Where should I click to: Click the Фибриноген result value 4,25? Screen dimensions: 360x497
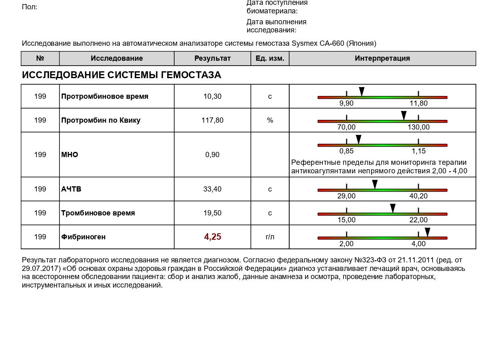(212, 237)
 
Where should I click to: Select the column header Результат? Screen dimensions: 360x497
(212, 58)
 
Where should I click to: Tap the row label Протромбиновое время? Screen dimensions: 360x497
(105, 96)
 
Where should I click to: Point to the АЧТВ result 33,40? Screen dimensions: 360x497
(212, 189)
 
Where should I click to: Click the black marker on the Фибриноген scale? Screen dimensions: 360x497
(427, 232)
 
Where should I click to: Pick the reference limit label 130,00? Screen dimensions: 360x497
(418, 127)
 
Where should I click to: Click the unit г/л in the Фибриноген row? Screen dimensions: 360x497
(270, 237)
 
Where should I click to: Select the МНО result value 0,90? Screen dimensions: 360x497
(212, 155)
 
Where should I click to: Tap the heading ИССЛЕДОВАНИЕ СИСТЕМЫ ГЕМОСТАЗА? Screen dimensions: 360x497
(122, 75)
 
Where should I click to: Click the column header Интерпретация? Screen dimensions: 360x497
(382, 58)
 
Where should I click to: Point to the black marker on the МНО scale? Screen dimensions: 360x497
(358, 139)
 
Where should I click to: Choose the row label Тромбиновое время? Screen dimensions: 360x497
(98, 213)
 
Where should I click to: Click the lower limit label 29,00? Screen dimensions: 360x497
(346, 196)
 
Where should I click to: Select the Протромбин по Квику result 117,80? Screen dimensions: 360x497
(212, 120)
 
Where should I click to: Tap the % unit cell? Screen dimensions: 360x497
(270, 120)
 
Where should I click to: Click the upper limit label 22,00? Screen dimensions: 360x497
(418, 220)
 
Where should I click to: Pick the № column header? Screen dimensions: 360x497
(40, 58)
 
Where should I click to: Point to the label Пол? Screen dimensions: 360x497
(30, 7)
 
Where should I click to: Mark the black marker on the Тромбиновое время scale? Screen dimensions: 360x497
(393, 208)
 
